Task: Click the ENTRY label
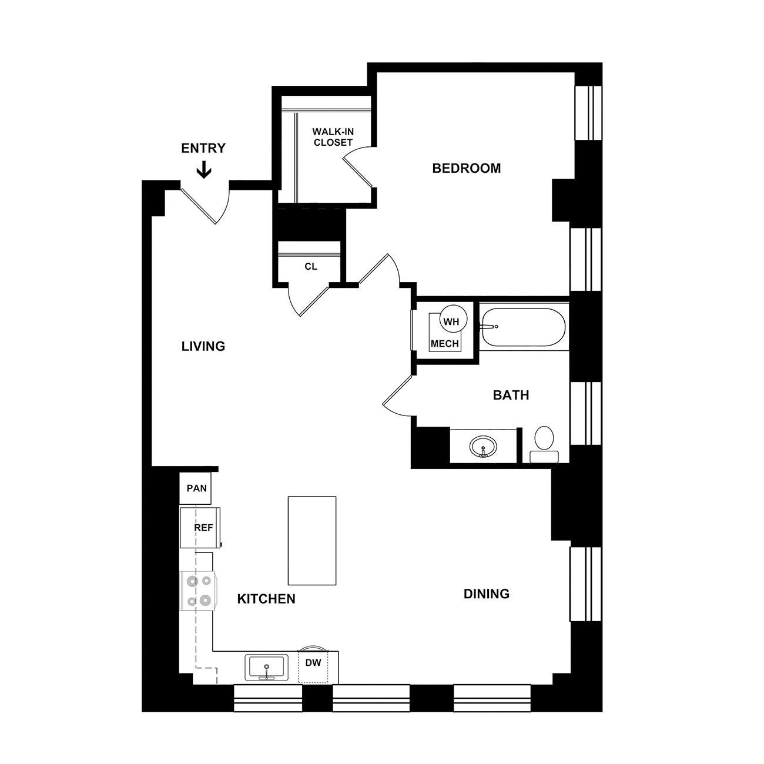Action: tap(203, 148)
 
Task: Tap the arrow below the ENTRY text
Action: tap(204, 169)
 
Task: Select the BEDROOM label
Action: tap(466, 169)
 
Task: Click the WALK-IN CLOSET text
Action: tap(333, 137)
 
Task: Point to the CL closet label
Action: tap(311, 266)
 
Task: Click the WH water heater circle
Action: tap(454, 319)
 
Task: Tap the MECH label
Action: tap(445, 344)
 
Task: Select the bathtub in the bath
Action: tap(524, 327)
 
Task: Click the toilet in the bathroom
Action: tap(544, 444)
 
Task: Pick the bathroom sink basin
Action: tap(483, 447)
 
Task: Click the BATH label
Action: tap(511, 396)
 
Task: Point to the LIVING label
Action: tap(203, 347)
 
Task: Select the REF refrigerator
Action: tap(200, 528)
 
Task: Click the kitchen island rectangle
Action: tap(312, 541)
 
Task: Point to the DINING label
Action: tap(487, 594)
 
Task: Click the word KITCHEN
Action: tap(266, 599)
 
